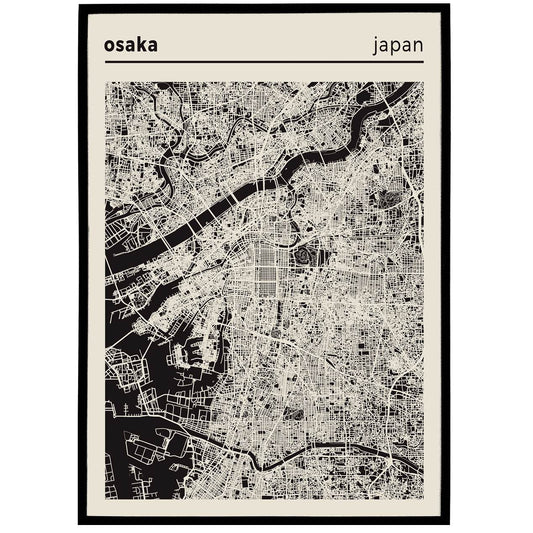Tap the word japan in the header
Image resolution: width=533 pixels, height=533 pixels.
coord(397,45)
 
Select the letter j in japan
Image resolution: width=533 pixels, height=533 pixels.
coord(375,46)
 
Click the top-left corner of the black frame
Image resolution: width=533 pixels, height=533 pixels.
coord(80,7)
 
